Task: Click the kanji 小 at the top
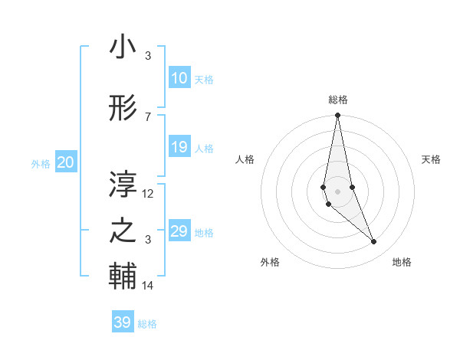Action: [x=123, y=47]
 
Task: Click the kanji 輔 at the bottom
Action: [x=123, y=277]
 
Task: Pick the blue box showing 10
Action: [x=179, y=77]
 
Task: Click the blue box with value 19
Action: [x=179, y=147]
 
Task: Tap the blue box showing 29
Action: [x=179, y=231]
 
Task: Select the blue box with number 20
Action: [x=66, y=162]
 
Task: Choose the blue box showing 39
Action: [x=123, y=322]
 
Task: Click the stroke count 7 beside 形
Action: [x=148, y=116]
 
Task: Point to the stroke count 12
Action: [x=148, y=194]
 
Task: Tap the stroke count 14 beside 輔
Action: [x=148, y=286]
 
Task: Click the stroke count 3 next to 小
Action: [x=148, y=56]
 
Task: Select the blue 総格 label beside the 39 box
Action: [x=147, y=324]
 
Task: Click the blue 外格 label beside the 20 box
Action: [x=41, y=163]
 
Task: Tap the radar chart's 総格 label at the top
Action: [x=338, y=100]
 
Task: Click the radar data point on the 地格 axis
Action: [x=374, y=242]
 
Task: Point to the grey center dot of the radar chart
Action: [x=337, y=191]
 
